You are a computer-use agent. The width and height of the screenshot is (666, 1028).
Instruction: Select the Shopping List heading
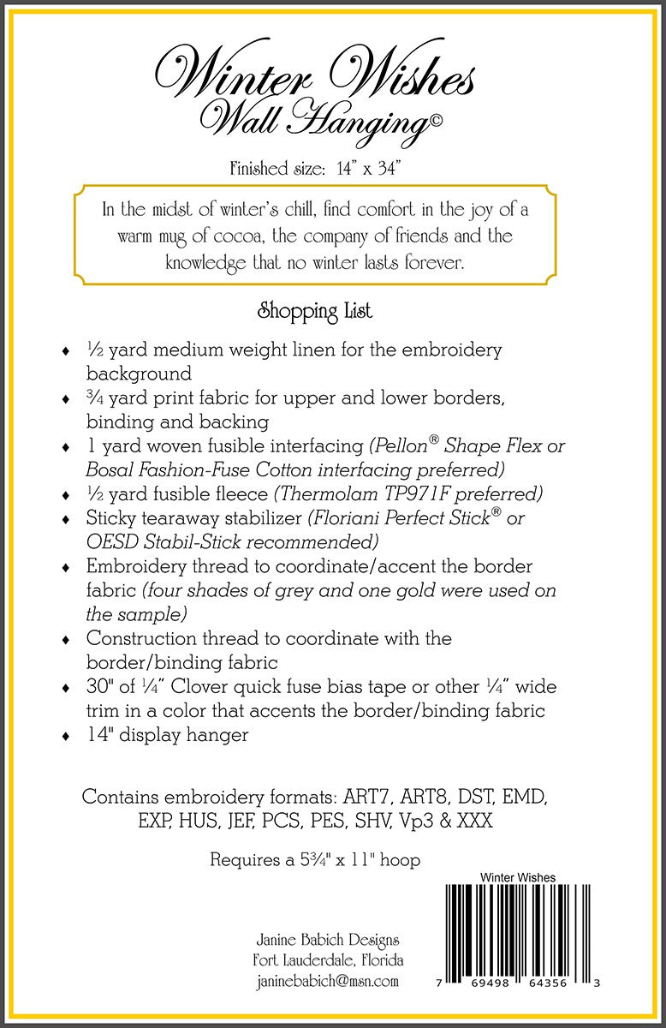point(315,311)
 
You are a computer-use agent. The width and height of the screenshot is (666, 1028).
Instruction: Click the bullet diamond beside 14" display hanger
point(66,736)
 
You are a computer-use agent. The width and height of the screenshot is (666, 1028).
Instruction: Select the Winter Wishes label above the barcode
point(518,877)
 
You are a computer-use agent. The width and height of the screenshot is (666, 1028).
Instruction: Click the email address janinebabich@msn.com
point(327,982)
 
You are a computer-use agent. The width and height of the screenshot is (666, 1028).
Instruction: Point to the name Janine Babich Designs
point(327,941)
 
